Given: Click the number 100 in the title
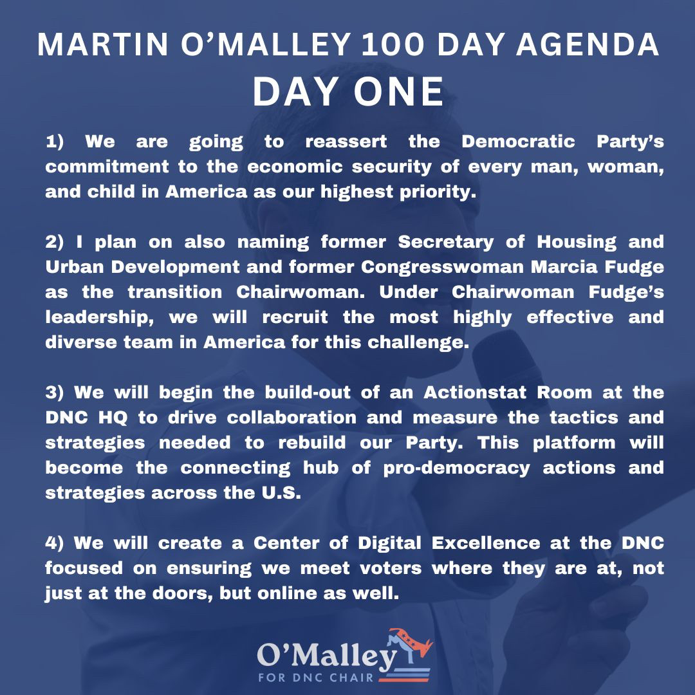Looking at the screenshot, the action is coord(393,45).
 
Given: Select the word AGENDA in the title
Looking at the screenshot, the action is coord(588,45).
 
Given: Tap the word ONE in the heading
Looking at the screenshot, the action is coord(398,92).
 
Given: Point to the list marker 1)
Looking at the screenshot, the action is coord(55,142).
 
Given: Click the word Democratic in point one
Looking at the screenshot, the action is coord(518,142).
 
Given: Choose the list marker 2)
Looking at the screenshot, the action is coord(55,242).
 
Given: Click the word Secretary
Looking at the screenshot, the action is coord(445,243).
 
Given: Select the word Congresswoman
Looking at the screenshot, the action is coord(442,268).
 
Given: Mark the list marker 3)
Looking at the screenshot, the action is coord(55,393).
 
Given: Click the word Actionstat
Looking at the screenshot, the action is coord(475,393).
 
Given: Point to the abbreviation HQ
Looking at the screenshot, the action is coord(113,418).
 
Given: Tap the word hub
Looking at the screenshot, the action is coord(321,468).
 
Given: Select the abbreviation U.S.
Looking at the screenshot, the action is coord(281,493).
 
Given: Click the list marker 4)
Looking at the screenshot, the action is coord(55,543).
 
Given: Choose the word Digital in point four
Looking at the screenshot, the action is coord(389,544).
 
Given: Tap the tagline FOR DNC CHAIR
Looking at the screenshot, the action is coord(316,678).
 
